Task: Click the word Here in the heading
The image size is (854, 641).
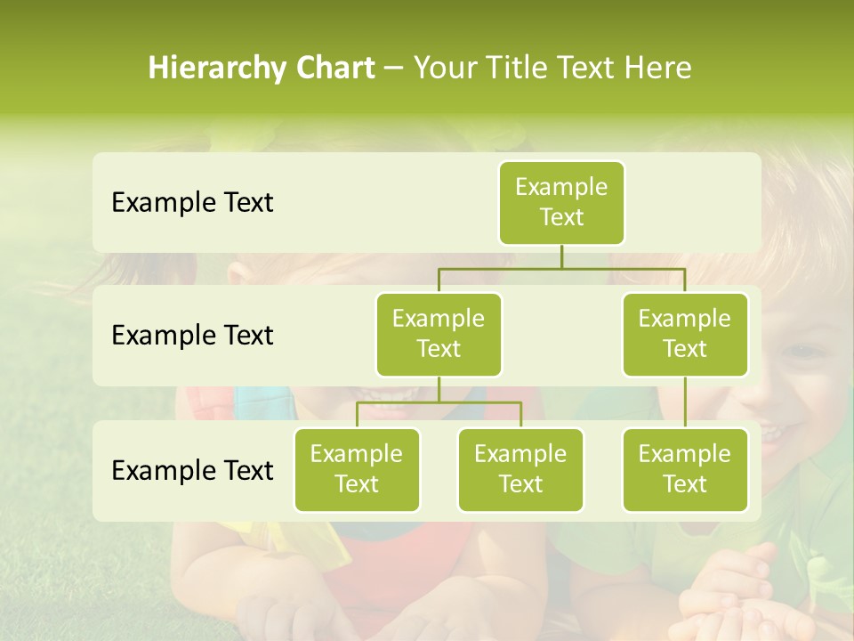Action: point(657,69)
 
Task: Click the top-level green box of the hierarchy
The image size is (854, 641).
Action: point(561,202)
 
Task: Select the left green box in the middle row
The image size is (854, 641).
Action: point(439,334)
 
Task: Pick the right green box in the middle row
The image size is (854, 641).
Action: point(685,334)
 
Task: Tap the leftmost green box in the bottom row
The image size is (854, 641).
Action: point(357,469)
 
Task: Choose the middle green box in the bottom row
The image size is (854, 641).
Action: point(520,469)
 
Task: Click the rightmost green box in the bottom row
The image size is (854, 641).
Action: point(685,469)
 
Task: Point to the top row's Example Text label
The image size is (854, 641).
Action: point(192,203)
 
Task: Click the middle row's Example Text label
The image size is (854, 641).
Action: point(192,336)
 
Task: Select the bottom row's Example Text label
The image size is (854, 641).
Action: point(192,470)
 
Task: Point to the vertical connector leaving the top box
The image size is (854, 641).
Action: point(561,256)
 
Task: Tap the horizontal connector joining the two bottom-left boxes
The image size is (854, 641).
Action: point(439,402)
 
